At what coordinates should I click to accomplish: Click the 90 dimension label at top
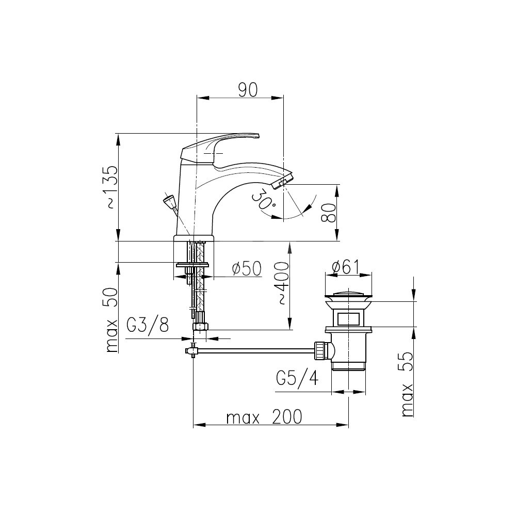pos(248,90)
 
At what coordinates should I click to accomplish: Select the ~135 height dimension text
pos(111,187)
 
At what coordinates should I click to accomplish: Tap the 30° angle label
pos(264,199)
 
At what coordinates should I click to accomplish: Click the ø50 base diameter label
pos(247,268)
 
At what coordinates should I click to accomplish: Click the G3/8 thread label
pos(148,325)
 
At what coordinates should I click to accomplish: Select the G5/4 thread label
pos(298,378)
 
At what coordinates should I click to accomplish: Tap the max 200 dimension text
pos(264,417)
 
